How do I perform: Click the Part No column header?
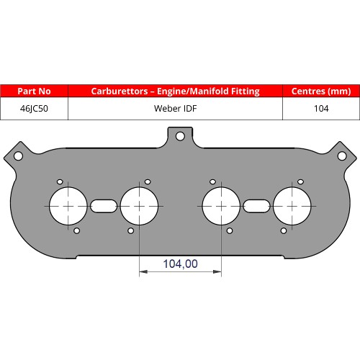pyautogui.click(x=34, y=91)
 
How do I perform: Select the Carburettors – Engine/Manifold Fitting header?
pyautogui.click(x=175, y=91)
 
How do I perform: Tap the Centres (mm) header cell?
pyautogui.click(x=320, y=91)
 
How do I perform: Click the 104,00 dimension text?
pyautogui.click(x=181, y=264)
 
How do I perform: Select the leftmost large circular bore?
pyautogui.click(x=68, y=205)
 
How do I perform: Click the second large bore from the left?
pyautogui.click(x=139, y=205)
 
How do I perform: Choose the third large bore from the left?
pyautogui.click(x=221, y=205)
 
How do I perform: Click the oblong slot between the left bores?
pyautogui.click(x=104, y=205)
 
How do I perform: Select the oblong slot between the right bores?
pyautogui.click(x=256, y=205)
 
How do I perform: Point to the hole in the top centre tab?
pyautogui.click(x=180, y=135)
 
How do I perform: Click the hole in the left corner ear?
pyautogui.click(x=18, y=156)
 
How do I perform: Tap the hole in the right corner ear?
pyautogui.click(x=342, y=156)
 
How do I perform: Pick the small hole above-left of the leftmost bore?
pyautogui.click(x=60, y=181)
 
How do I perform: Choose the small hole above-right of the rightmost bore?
pyautogui.click(x=300, y=181)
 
